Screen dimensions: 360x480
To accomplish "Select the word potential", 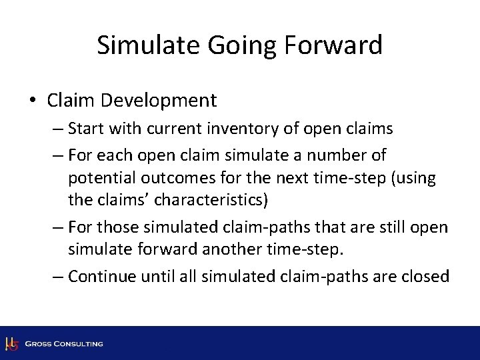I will coord(96,177).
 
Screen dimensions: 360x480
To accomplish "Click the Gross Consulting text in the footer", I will coord(64,344).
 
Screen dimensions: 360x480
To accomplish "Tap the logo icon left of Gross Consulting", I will coord(11,344).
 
